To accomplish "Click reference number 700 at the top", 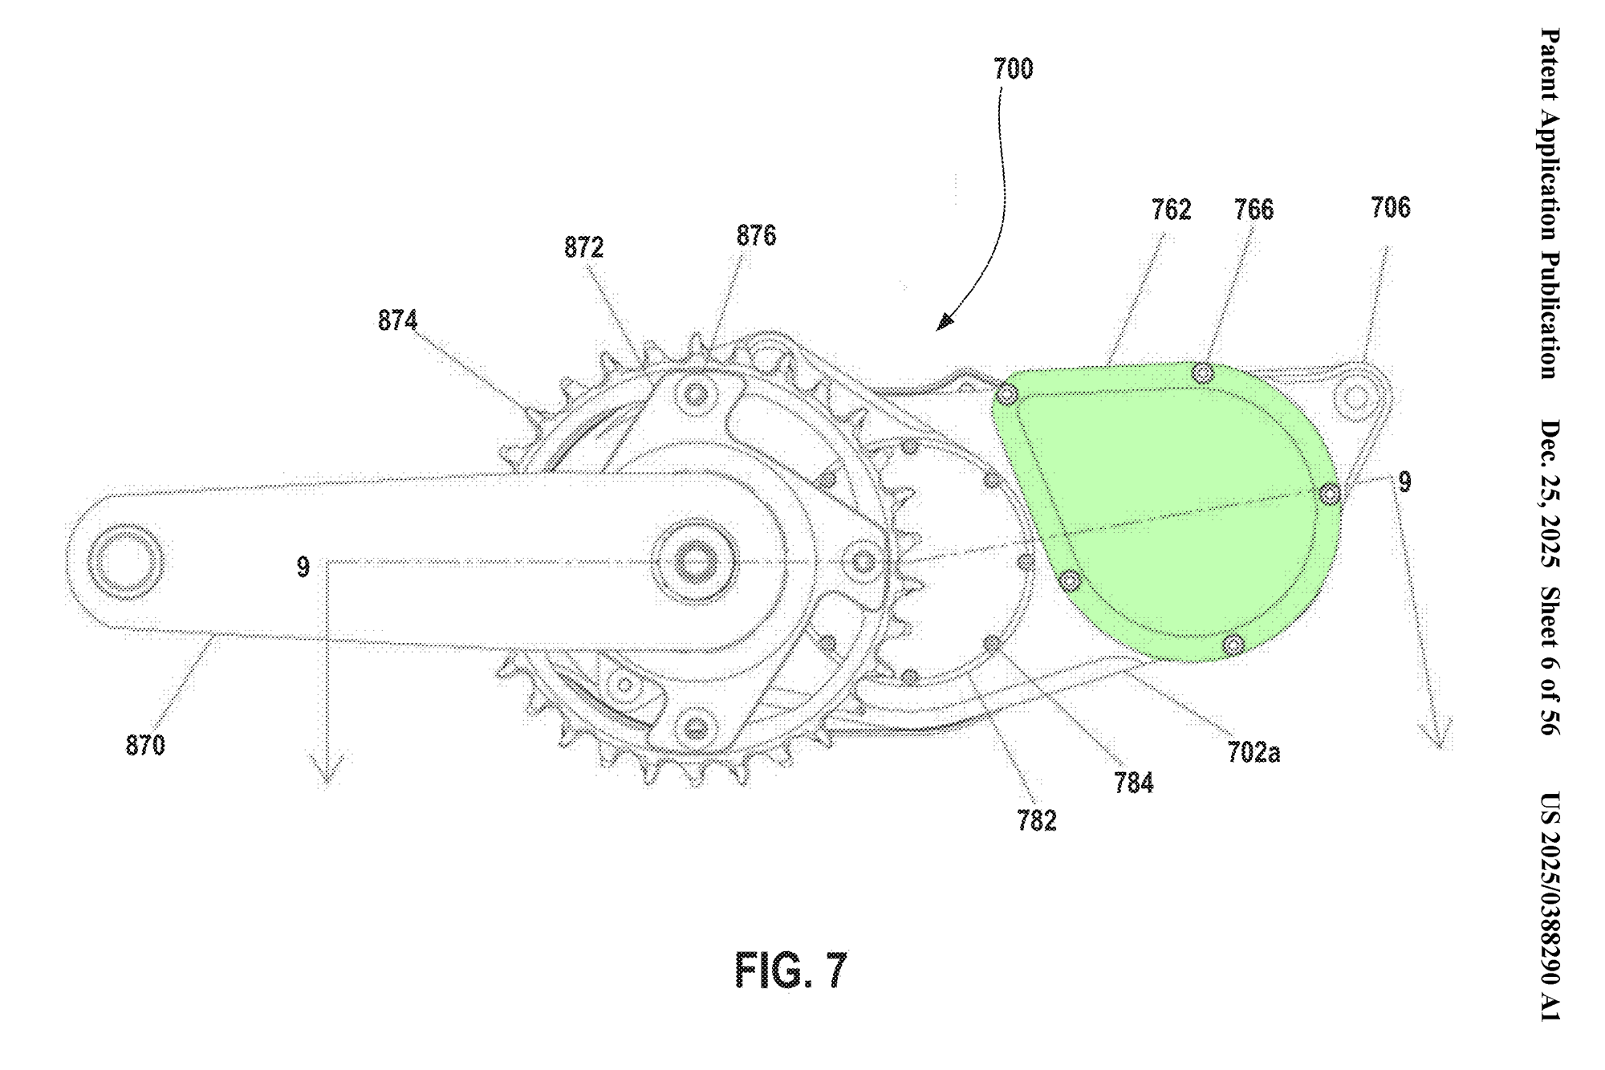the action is coord(1014,70).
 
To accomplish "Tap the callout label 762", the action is coord(1171,210).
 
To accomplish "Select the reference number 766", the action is coord(1254,210).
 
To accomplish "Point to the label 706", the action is coord(1391,208).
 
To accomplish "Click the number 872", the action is coord(583,247).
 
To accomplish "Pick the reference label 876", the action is coord(756,235).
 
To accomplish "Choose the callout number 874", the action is coord(398,320).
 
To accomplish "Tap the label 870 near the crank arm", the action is coord(145,746).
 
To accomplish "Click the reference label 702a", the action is coord(1254,752).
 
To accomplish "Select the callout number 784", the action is coord(1133,783).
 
